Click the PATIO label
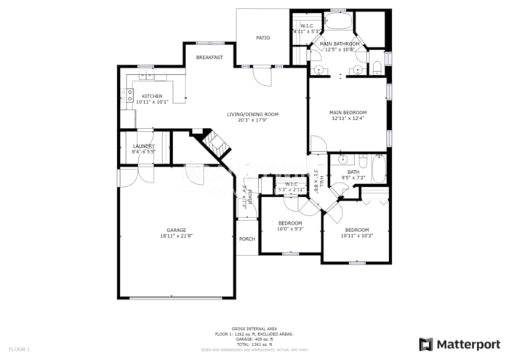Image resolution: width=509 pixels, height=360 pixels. [262, 38]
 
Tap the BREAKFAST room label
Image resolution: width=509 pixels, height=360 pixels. [209, 57]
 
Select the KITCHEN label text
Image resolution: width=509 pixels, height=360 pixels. [152, 96]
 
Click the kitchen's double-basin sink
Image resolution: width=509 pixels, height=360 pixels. [147, 75]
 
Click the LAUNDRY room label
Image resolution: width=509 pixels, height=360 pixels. [143, 145]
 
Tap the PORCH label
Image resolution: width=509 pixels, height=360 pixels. [247, 239]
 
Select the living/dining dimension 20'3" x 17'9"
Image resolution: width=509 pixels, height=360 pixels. [252, 120]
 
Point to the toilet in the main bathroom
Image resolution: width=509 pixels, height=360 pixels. [376, 68]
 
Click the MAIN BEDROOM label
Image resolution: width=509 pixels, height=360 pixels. [348, 112]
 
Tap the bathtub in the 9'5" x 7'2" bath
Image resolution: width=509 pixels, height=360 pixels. [378, 169]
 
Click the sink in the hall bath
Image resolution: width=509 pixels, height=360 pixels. [345, 159]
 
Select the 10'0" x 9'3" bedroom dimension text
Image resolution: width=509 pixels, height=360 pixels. [290, 228]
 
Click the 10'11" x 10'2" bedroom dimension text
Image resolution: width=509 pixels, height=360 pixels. [356, 236]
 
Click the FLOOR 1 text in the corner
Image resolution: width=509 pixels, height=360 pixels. [19, 350]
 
